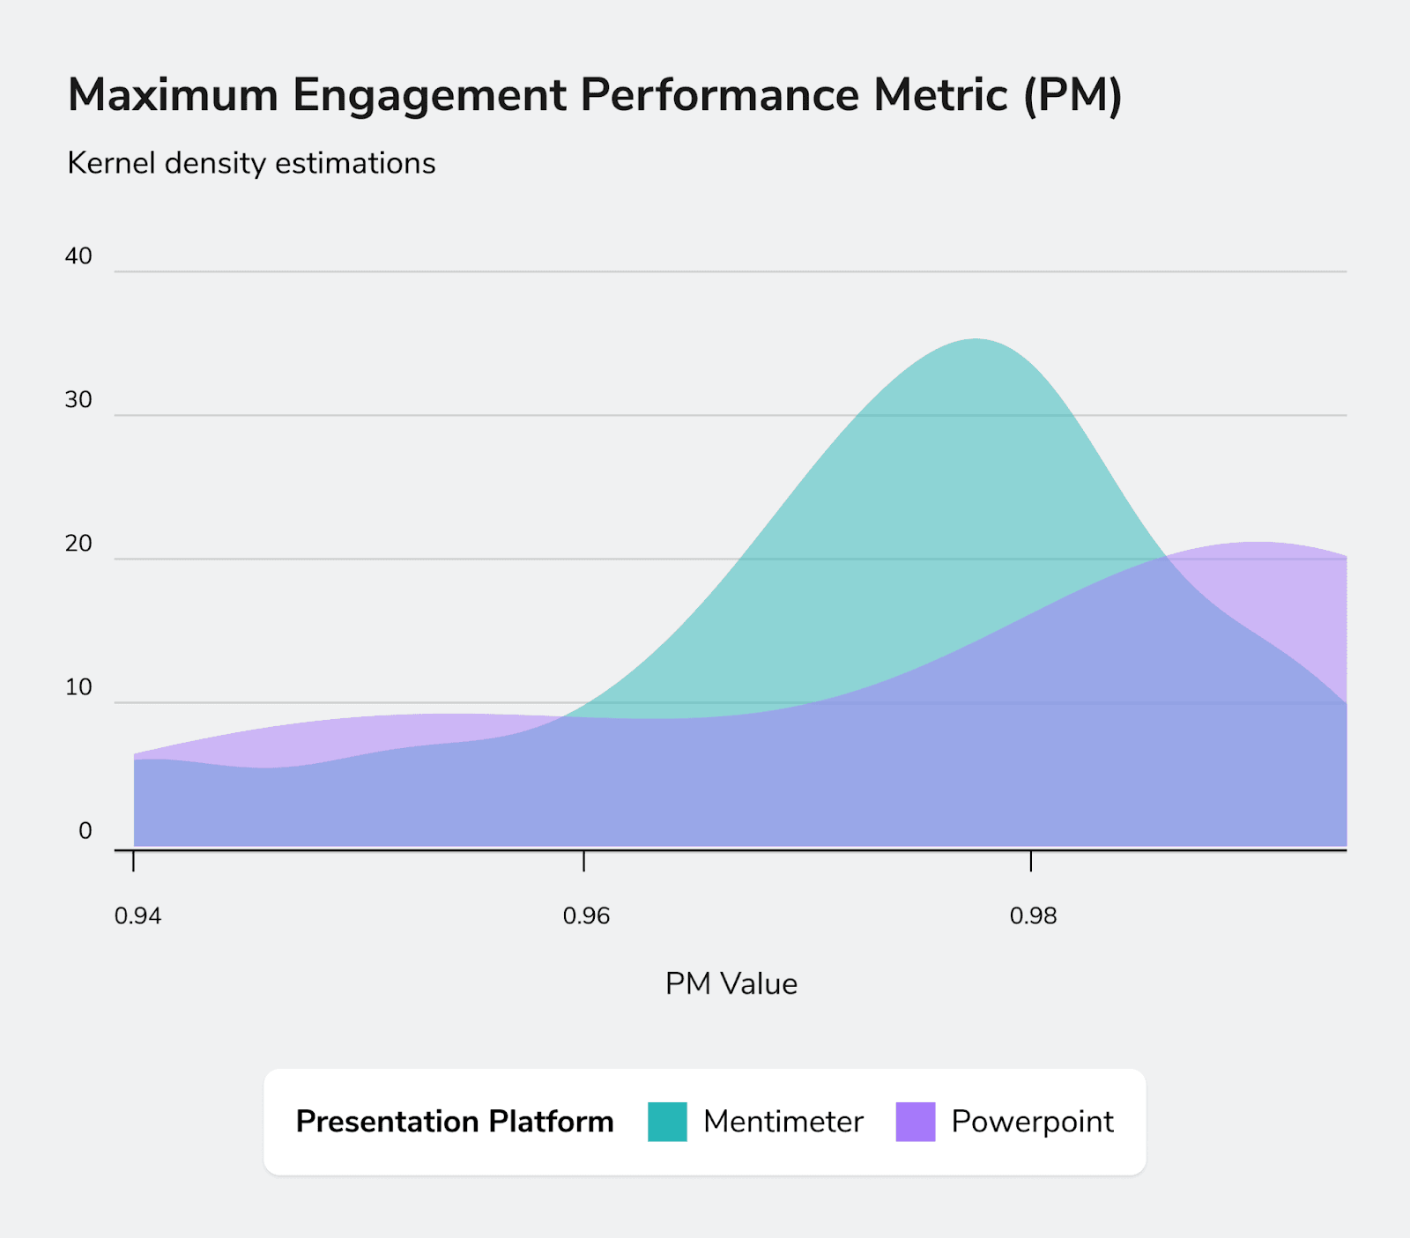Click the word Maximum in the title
pos(173,95)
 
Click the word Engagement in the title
pos(429,95)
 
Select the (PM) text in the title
pos(1072,95)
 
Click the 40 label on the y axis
pos(78,256)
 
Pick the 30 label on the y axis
pos(78,400)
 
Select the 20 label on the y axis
pos(78,544)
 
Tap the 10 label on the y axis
pos(78,687)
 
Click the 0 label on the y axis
pos(85,831)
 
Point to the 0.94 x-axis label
pos(138,916)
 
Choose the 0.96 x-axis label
pos(586,916)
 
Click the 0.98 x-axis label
pos(1033,916)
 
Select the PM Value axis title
pos(731,984)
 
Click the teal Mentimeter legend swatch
pos(667,1122)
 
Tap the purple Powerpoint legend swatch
pos(916,1122)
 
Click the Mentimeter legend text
pos(783,1122)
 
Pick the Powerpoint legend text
pos(1032,1122)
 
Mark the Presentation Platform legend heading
pos(455,1122)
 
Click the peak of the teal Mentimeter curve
pos(974,340)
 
